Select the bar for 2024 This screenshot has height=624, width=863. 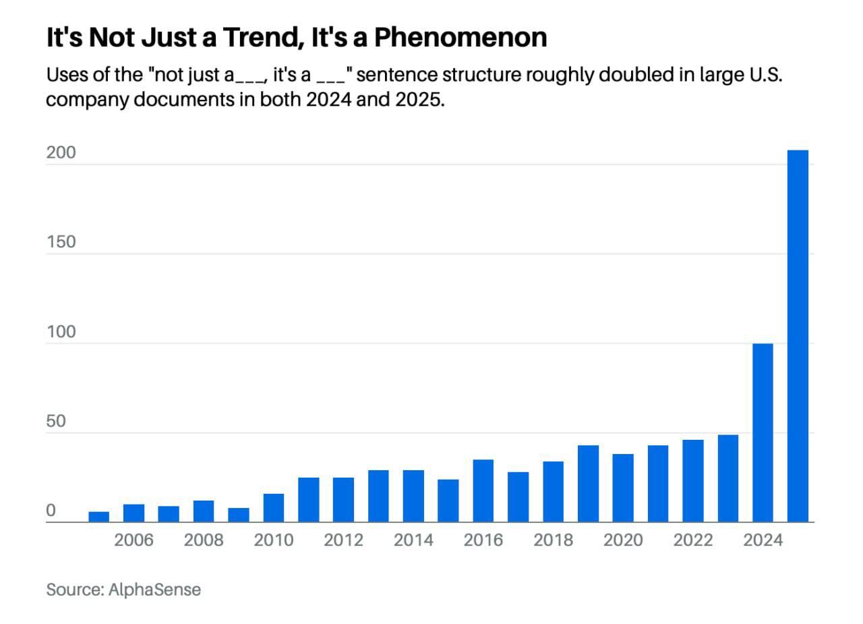(x=763, y=432)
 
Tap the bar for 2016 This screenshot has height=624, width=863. (x=483, y=490)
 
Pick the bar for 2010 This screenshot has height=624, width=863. (x=273, y=507)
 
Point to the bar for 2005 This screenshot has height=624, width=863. (x=98, y=517)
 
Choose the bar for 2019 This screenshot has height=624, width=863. (x=588, y=484)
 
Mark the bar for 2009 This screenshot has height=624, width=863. (x=238, y=515)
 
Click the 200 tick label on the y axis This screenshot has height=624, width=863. (x=61, y=153)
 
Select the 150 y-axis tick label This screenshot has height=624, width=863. (x=61, y=242)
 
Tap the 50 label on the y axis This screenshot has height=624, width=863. (x=56, y=422)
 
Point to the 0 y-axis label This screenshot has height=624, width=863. (x=51, y=511)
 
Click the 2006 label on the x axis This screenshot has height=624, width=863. (x=133, y=540)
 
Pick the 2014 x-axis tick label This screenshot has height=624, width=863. (x=413, y=540)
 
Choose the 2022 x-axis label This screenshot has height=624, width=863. (x=692, y=540)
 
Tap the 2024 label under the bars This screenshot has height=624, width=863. (x=763, y=540)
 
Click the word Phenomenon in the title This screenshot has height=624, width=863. (x=460, y=38)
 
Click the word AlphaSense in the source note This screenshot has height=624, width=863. (x=154, y=590)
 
